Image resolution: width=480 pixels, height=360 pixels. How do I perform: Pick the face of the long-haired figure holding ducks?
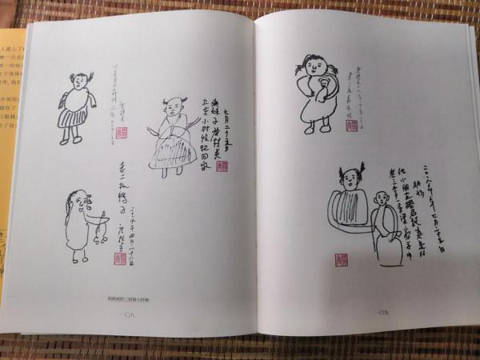[70, 200]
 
